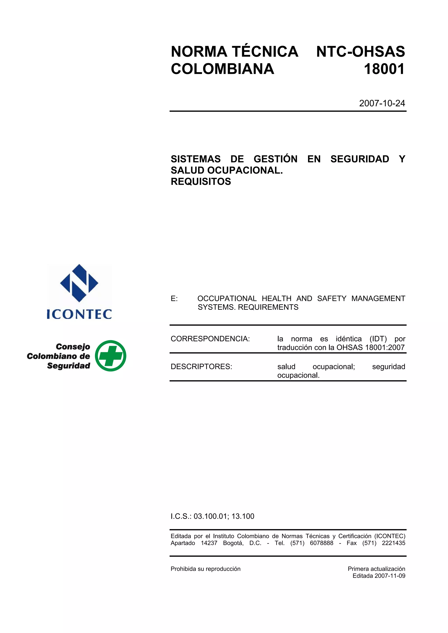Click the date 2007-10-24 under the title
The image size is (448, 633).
382,103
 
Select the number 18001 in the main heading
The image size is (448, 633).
384,69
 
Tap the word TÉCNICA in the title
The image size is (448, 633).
265,52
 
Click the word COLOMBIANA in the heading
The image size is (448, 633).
222,69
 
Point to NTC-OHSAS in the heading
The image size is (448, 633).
360,52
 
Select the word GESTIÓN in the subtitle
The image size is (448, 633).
275,159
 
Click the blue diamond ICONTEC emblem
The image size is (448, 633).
79,283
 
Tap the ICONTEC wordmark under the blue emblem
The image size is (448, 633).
79,314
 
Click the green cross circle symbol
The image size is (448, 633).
110,356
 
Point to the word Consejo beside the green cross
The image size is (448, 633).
73,347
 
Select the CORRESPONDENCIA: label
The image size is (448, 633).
210,339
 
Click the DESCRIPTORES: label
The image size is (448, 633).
201,367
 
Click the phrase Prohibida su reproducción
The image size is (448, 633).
205,569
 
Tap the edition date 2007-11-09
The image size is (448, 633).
390,576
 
